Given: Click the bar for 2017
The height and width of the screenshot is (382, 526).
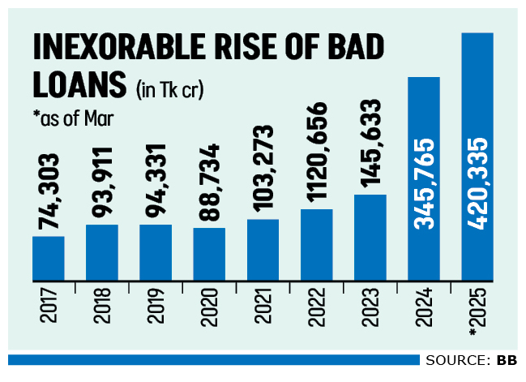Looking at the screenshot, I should [49, 258].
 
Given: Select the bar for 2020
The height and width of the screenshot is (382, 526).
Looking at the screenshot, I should [209, 254].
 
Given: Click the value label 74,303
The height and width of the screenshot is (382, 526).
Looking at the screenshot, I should [49, 194].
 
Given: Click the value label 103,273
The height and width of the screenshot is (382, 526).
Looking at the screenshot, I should [263, 171].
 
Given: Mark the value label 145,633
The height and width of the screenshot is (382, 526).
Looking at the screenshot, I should [370, 145].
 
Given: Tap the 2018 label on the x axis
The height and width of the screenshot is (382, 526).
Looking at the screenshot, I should [102, 307].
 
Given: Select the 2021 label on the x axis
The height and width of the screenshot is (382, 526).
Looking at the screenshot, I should [263, 307].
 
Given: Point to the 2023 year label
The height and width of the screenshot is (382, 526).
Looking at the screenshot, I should [370, 307].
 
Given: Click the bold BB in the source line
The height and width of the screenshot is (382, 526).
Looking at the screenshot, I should [507, 359].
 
